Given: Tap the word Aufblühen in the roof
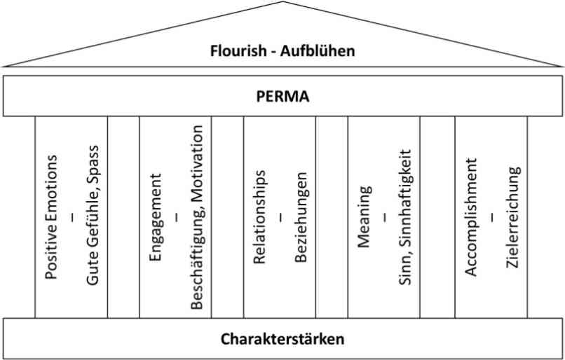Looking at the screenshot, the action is pyautogui.click(x=318, y=50).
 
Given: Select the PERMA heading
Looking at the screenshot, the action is pyautogui.click(x=283, y=97).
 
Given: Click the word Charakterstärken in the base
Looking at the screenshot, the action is pyautogui.click(x=282, y=339).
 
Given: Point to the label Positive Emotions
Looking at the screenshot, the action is pyautogui.click(x=50, y=217).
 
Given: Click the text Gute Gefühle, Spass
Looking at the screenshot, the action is pyautogui.click(x=93, y=215).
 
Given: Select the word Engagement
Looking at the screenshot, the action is pyautogui.click(x=156, y=217).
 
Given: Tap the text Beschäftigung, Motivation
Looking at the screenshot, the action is pyautogui.click(x=197, y=217).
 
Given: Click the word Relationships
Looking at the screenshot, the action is pyautogui.click(x=259, y=217).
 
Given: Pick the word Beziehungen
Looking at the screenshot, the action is pyautogui.click(x=301, y=217).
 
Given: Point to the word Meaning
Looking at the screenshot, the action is pyautogui.click(x=365, y=217).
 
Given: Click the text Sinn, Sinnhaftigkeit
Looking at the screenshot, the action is pyautogui.click(x=405, y=217).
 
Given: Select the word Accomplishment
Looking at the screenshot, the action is pyautogui.click(x=471, y=217).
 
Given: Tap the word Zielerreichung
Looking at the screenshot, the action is pyautogui.click(x=513, y=217).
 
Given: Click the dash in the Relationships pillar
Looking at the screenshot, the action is pyautogui.click(x=280, y=217).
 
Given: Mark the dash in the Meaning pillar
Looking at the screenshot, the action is pyautogui.click(x=385, y=217).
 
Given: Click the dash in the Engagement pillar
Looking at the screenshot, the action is pyautogui.click(x=177, y=217).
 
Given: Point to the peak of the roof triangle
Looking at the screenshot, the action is pyautogui.click(x=283, y=1).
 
